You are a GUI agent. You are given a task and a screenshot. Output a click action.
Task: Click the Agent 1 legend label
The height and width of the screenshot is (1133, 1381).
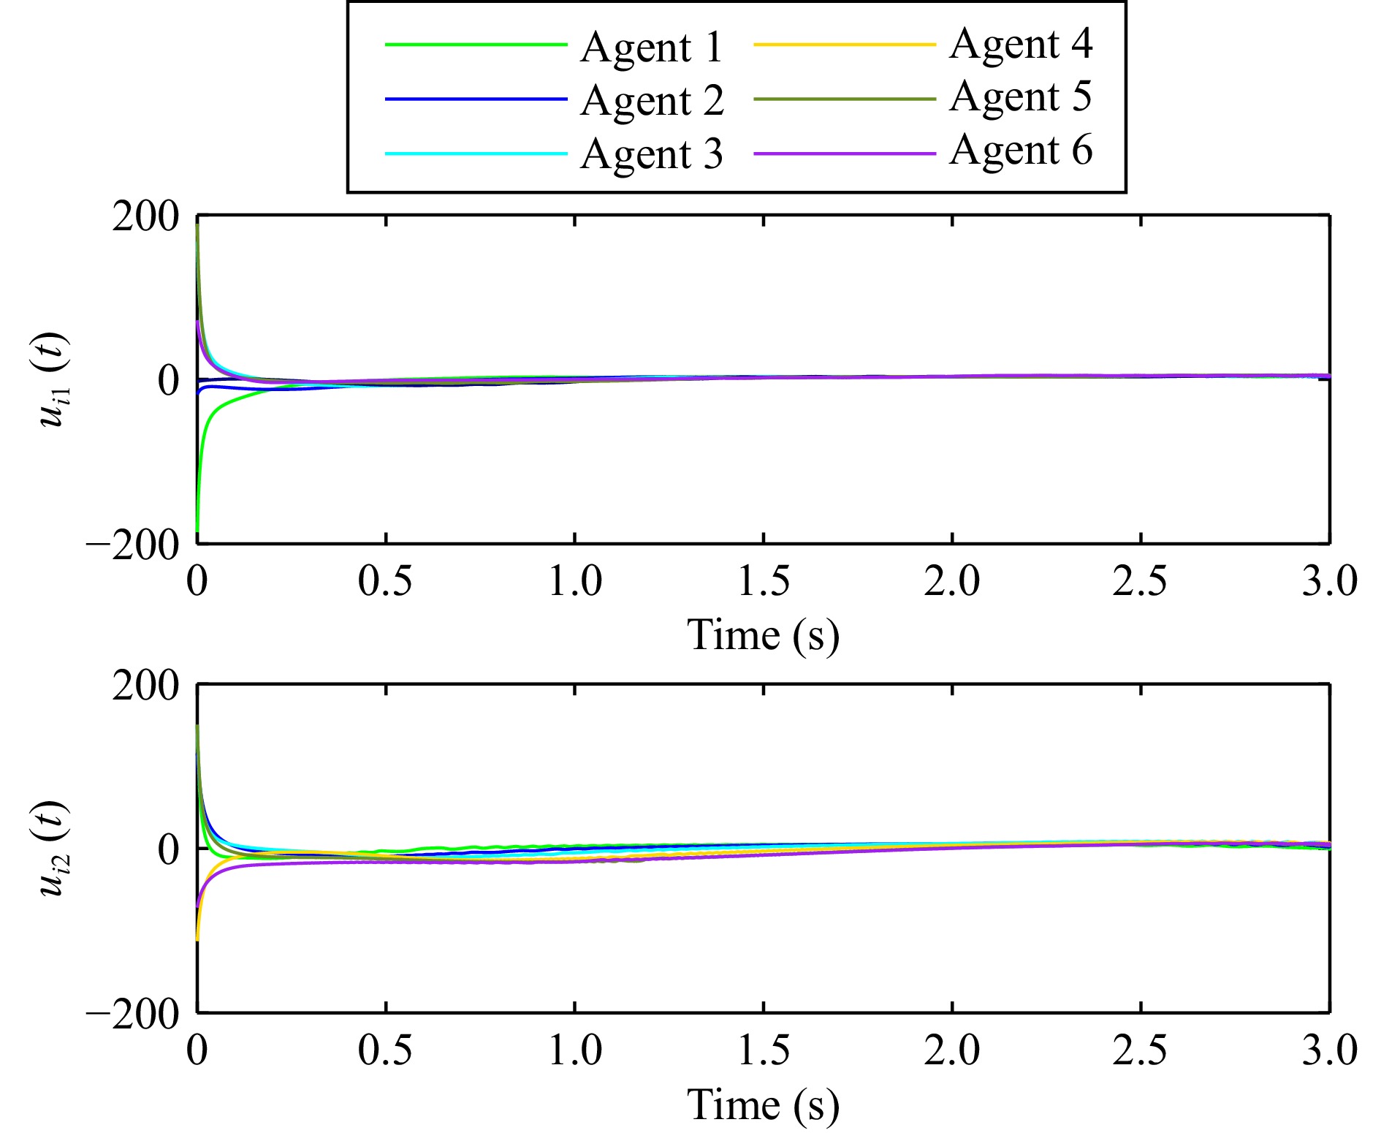[651, 48]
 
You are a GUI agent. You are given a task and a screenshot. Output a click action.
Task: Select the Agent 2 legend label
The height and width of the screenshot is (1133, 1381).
[652, 101]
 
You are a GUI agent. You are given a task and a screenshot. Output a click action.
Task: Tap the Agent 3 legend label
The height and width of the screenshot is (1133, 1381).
[651, 154]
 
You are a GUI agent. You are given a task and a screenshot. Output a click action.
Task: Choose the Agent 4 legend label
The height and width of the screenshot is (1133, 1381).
[1021, 44]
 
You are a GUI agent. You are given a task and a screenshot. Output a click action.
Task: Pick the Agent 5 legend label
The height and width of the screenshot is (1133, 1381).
[1021, 97]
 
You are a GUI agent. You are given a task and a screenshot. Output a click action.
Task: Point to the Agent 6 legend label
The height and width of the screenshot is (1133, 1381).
[1021, 151]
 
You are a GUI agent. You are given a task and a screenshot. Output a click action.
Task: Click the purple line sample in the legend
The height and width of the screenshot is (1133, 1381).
[844, 154]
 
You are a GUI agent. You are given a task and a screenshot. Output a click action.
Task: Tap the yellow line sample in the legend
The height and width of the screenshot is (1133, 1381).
[844, 45]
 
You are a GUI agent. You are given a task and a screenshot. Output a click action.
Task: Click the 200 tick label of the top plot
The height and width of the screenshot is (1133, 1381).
[145, 217]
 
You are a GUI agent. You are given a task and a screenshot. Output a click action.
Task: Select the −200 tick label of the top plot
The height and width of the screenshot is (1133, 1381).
[133, 545]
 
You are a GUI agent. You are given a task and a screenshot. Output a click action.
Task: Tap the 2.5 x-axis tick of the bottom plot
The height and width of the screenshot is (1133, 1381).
[1140, 1050]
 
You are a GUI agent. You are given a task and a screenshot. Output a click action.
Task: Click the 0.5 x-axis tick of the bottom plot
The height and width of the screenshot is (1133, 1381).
[385, 1050]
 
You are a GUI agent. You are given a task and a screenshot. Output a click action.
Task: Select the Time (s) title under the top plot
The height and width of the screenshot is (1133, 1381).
[763, 634]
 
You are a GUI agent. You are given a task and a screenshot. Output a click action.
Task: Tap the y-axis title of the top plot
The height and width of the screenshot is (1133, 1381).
[53, 379]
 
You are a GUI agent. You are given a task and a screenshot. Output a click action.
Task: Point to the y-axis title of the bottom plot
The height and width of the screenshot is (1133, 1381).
[53, 849]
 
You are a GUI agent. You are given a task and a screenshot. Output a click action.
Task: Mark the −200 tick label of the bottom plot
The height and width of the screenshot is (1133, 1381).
[133, 1015]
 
